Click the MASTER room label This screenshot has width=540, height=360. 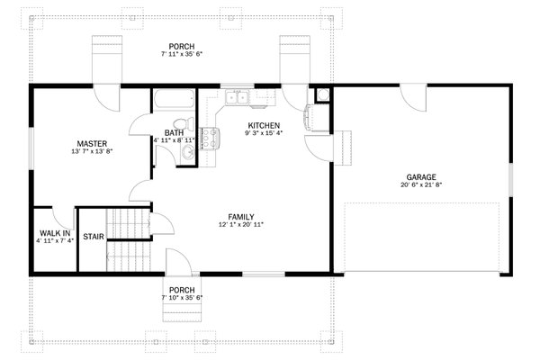click(x=92, y=143)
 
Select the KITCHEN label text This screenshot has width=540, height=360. click(x=263, y=125)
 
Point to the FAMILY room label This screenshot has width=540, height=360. click(x=240, y=216)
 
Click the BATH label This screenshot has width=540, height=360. click(x=174, y=132)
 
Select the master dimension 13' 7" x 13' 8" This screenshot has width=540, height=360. click(x=92, y=152)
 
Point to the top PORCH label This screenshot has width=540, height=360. click(x=181, y=47)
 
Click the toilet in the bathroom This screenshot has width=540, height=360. click(x=180, y=121)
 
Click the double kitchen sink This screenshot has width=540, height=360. click(x=238, y=96)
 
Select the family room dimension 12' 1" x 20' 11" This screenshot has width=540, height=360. click(x=240, y=225)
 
